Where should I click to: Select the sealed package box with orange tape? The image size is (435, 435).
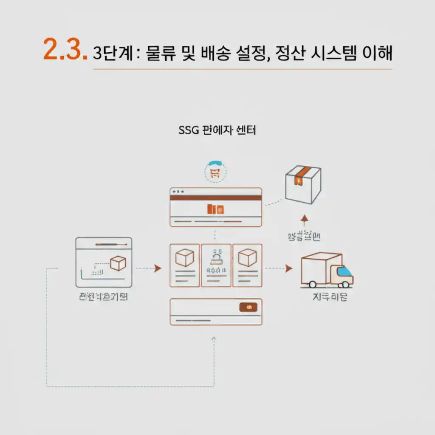(x=303, y=184)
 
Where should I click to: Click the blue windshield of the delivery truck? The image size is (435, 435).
(x=345, y=271)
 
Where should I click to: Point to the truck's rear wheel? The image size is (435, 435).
(x=313, y=284)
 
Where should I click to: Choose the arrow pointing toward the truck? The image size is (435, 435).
(x=288, y=268)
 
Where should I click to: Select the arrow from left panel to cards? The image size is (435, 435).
(x=158, y=268)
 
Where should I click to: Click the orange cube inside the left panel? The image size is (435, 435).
(x=118, y=264)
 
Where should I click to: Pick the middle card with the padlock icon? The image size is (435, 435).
(x=216, y=265)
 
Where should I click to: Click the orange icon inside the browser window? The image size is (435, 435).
(x=215, y=209)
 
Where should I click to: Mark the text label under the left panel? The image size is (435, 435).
(x=103, y=297)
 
